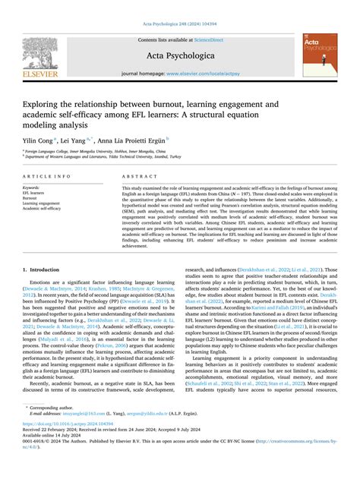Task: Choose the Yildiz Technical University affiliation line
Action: coord(114,158)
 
